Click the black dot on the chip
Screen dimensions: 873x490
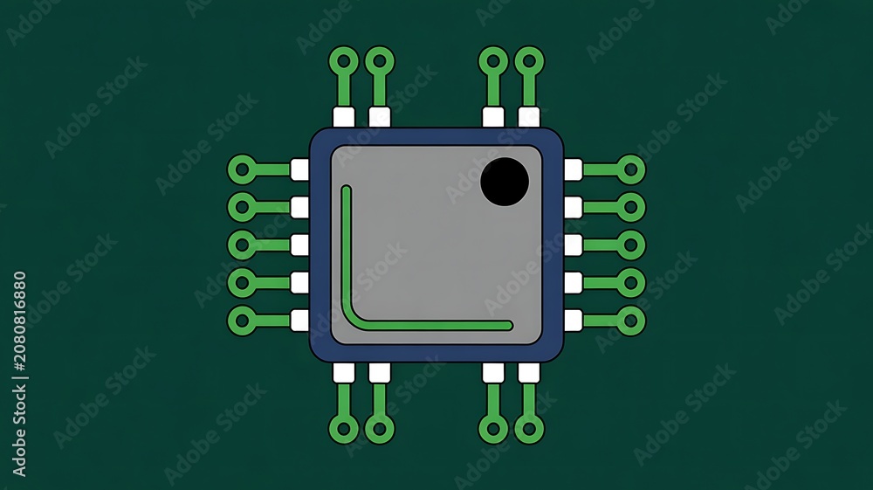(x=505, y=182)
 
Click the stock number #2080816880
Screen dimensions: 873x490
(x=19, y=321)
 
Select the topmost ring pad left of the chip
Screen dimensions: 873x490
(x=242, y=169)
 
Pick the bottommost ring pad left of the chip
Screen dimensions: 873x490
(x=242, y=321)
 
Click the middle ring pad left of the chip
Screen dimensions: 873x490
(x=242, y=245)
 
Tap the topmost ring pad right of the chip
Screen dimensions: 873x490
(x=631, y=169)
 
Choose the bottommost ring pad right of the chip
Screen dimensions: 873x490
(x=631, y=321)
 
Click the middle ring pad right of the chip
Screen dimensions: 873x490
(x=631, y=245)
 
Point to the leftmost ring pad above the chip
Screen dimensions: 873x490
(x=343, y=60)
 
